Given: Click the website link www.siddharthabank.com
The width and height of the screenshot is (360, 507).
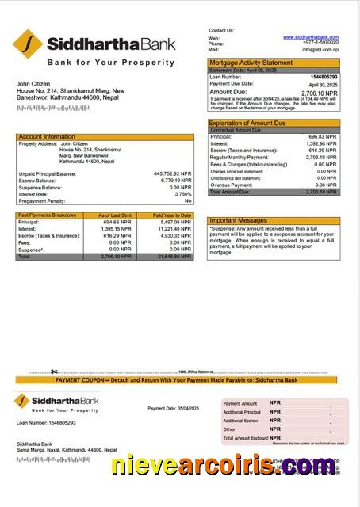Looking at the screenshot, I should click(x=316, y=37).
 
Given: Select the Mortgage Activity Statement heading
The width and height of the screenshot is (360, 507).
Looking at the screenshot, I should click(x=250, y=62).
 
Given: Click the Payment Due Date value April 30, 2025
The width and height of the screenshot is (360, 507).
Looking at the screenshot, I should click(x=323, y=84).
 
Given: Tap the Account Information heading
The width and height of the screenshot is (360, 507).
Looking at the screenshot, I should click(x=47, y=136).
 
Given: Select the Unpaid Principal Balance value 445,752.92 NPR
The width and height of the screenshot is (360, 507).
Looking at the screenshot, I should click(x=172, y=173).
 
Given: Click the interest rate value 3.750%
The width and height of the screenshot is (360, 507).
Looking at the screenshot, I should click(x=182, y=193).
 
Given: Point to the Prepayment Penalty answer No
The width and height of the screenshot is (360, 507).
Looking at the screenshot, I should click(x=188, y=200).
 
